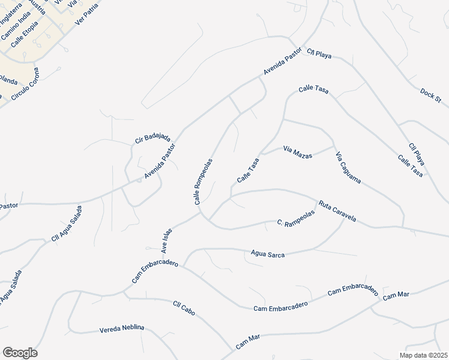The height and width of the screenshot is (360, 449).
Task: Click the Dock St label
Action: pos(430,94)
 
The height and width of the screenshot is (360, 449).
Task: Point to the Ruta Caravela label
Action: pos(337,211)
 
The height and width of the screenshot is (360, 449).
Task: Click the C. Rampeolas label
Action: pos(296,219)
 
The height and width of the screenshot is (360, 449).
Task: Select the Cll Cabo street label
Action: pos(184,309)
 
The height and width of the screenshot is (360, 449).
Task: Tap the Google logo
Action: pos(20,353)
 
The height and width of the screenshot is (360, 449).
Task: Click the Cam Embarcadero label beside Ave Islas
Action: pos(155,273)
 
